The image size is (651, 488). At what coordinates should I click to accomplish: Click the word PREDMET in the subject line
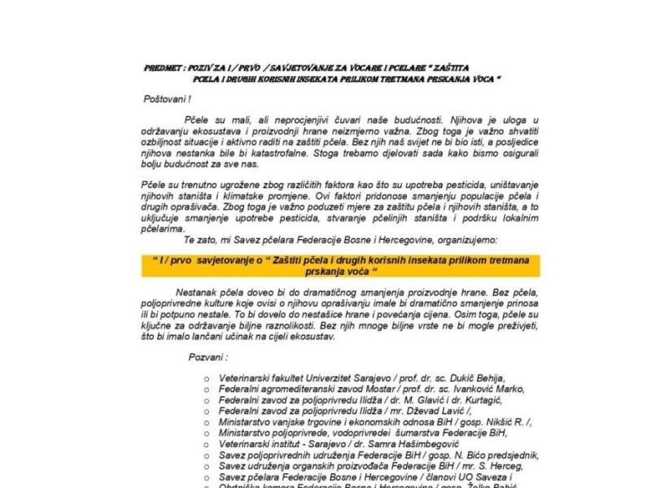[x=160, y=68]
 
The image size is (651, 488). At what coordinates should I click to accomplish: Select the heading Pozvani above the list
[x=207, y=357]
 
